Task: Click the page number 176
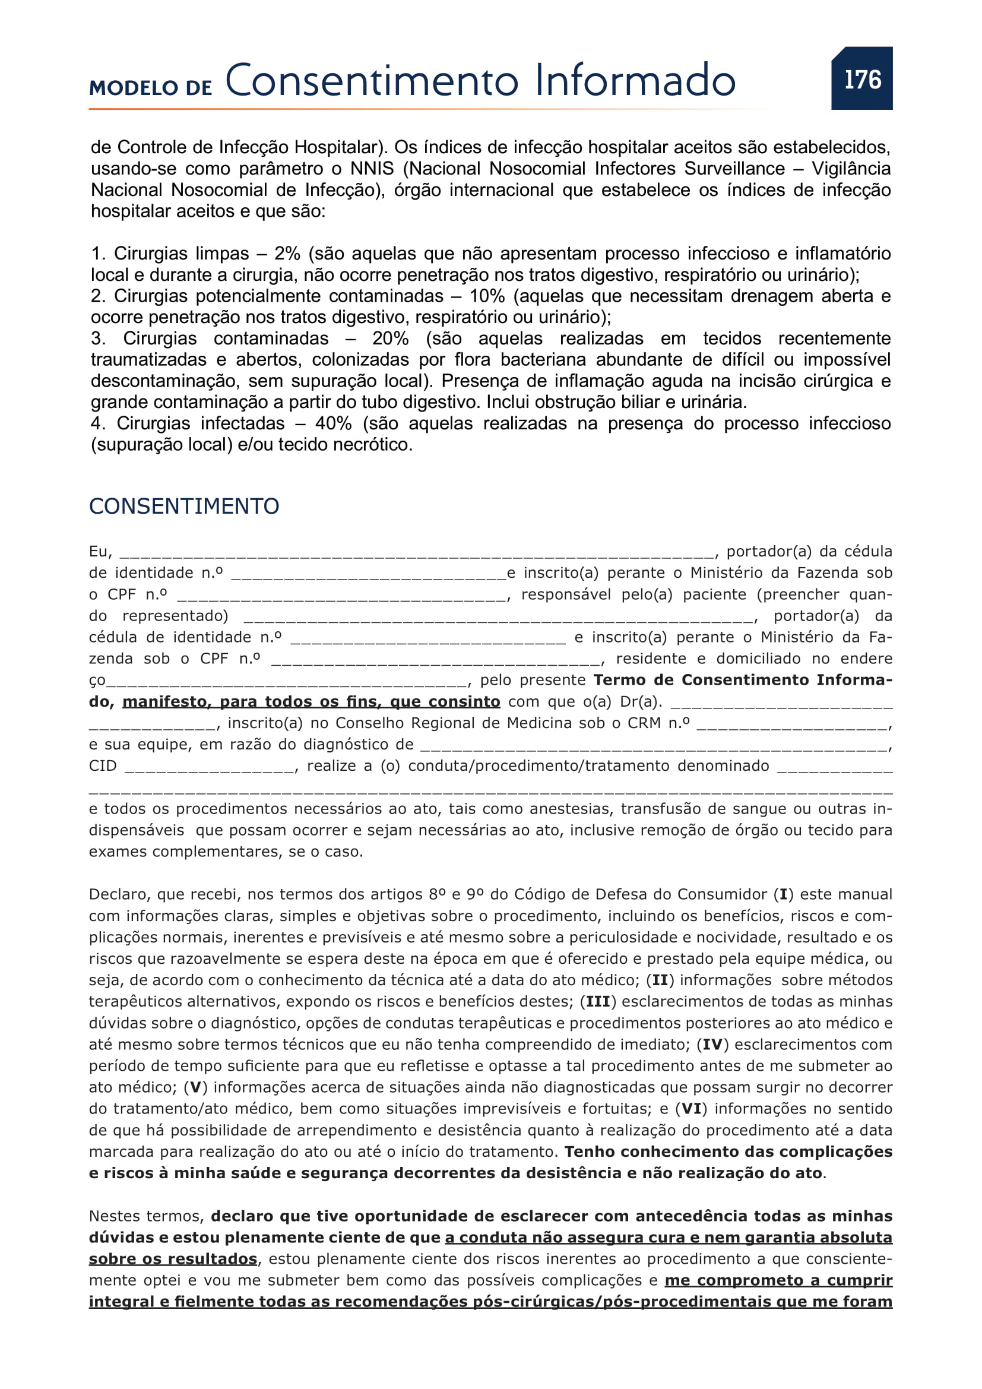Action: [862, 79]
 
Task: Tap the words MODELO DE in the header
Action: [151, 88]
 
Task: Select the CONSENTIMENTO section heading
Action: [184, 507]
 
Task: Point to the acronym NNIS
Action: [372, 169]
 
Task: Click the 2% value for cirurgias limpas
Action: [287, 254]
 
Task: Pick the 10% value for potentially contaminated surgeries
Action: [487, 296]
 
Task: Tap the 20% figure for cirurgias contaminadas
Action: [390, 338]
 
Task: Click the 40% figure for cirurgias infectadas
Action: [333, 423]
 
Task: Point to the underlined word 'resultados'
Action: [212, 1259]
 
